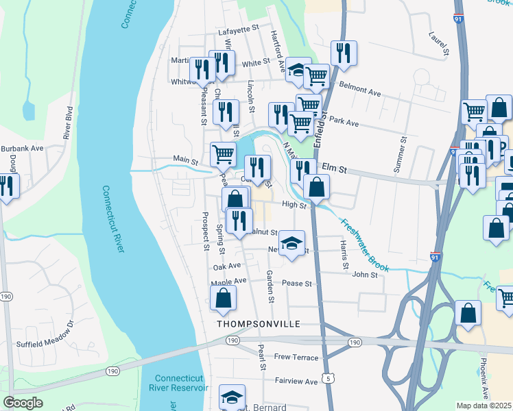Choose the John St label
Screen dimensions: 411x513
[x=365, y=275]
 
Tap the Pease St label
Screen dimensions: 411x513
[x=298, y=283]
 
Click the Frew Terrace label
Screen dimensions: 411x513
[x=296, y=358]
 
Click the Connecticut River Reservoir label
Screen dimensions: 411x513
[x=180, y=383]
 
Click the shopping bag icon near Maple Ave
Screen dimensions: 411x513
[x=223, y=298]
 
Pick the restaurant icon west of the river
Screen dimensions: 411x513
[x=6, y=186]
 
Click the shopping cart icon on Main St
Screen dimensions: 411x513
[x=223, y=155]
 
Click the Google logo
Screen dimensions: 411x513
[x=23, y=402]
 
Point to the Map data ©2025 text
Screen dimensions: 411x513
[x=484, y=406]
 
